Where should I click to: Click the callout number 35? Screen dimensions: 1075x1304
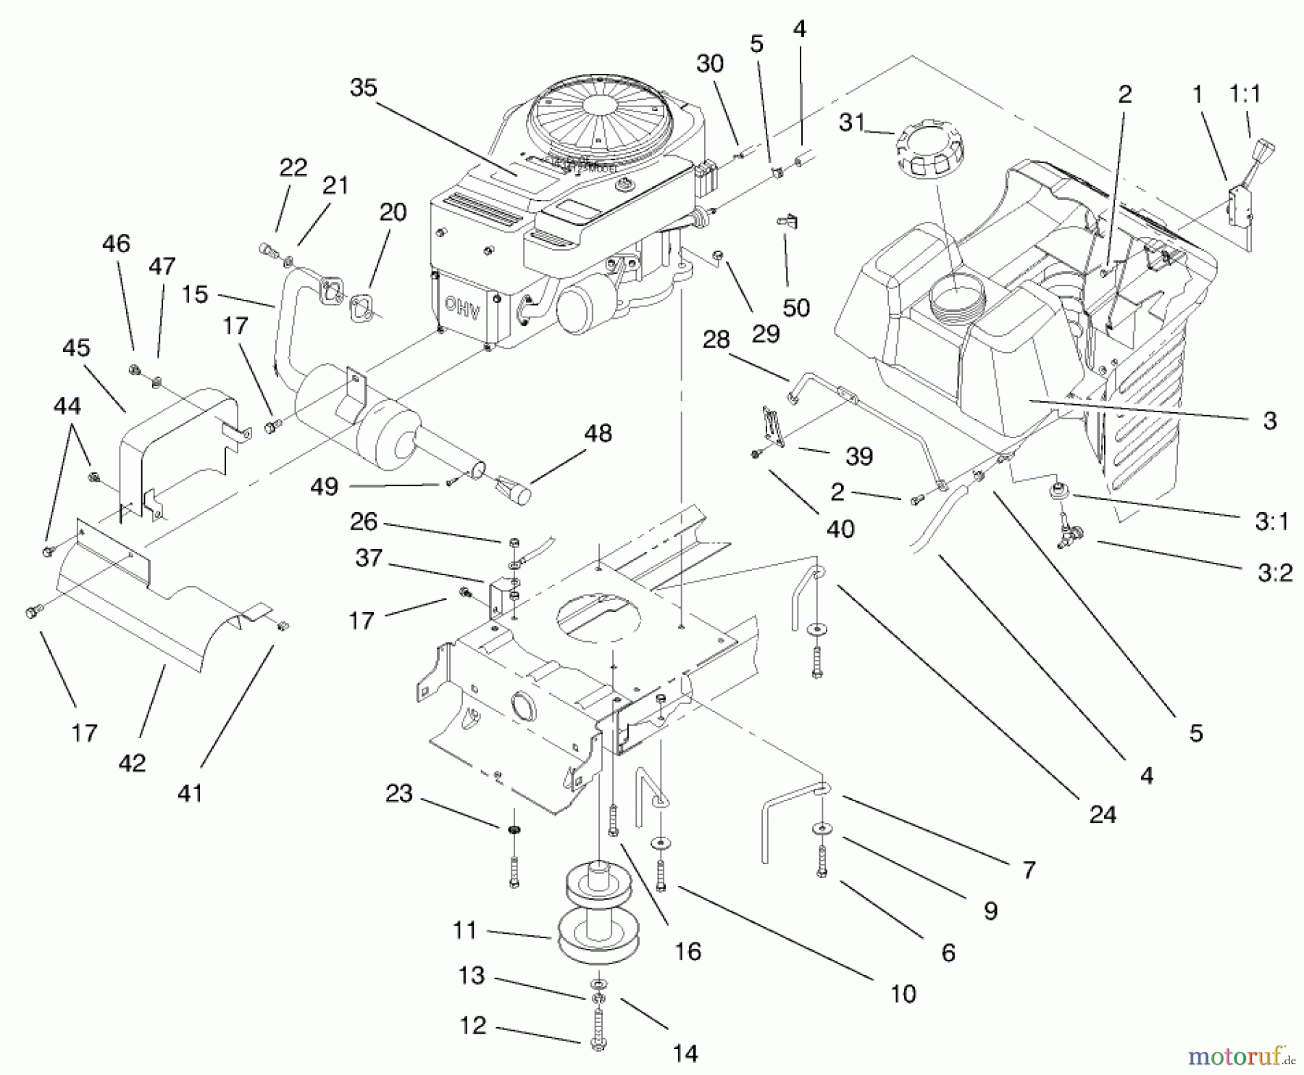tap(364, 88)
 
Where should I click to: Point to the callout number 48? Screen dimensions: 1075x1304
tap(598, 433)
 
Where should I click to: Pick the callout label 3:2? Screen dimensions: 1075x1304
tap(1275, 573)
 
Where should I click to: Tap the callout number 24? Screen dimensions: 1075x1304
tap(1103, 814)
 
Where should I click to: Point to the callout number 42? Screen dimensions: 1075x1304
tap(132, 763)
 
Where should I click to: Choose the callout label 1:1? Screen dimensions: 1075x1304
tap(1245, 93)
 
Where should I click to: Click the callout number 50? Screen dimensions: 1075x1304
tap(796, 308)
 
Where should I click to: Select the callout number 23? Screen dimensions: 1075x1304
tap(398, 793)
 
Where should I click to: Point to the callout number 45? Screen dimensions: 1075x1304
tap(76, 348)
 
